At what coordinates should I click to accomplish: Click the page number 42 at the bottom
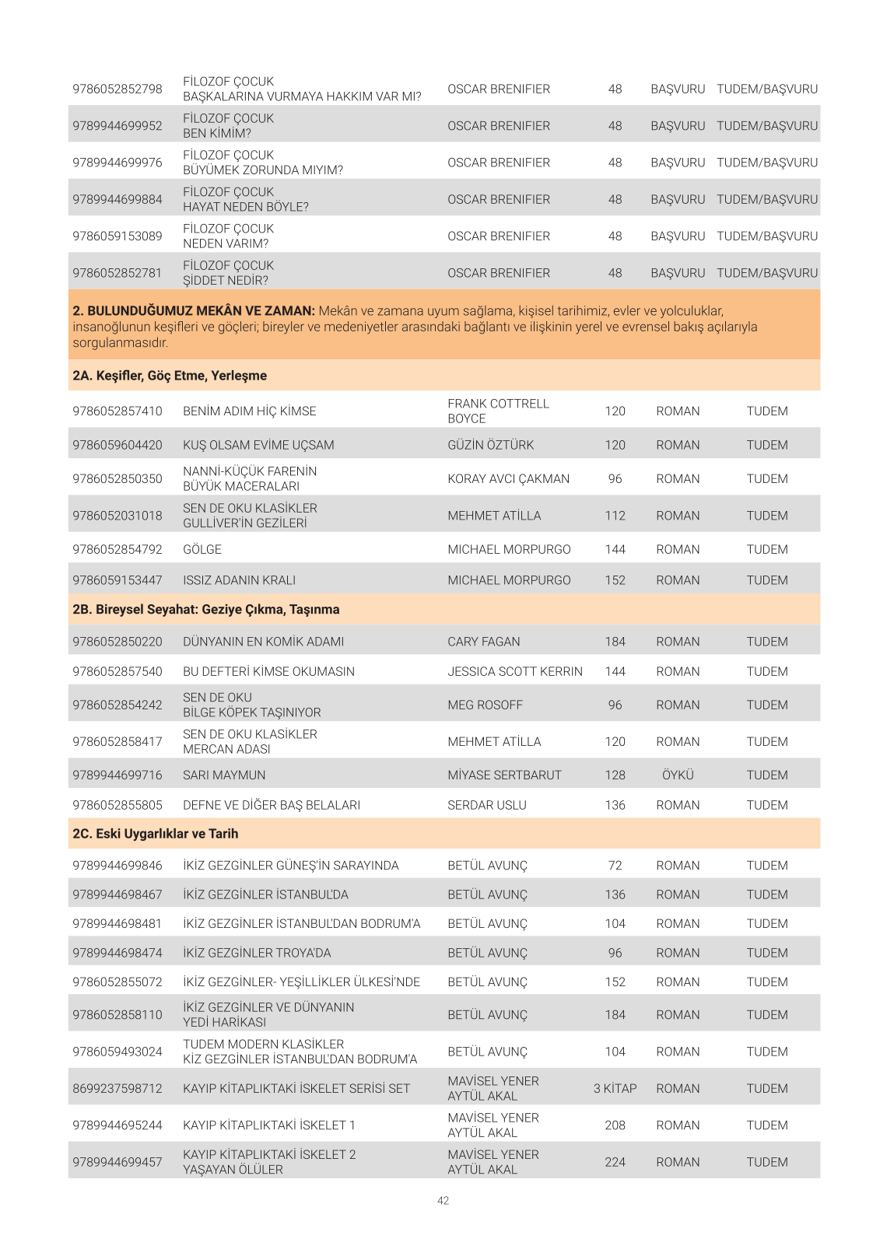pos(443,1200)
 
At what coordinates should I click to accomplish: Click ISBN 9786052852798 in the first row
pos(117,89)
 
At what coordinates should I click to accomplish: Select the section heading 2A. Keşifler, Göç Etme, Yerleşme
pos(170,376)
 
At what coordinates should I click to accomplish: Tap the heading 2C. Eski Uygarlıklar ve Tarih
pos(156,834)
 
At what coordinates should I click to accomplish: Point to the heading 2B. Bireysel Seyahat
pos(206,610)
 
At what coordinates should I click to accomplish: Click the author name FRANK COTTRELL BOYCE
pos(498,411)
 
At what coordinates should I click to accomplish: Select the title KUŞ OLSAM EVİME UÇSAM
pos(258,445)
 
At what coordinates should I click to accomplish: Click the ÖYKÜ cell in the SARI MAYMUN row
pos(678,775)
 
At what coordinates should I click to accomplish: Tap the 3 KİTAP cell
pos(615,1088)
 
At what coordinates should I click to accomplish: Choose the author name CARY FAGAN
pos(484,642)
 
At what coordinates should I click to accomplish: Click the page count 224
pos(615,1162)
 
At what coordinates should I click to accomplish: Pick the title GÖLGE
pos(202,549)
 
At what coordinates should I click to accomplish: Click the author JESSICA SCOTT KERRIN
pos(515,671)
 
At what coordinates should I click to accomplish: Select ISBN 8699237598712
pos(117,1088)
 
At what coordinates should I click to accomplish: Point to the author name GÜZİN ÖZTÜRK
pos(491,445)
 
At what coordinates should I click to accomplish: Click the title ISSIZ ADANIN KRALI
pos(239,580)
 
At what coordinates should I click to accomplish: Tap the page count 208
pos(615,1125)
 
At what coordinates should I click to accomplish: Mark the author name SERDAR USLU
pos(487,805)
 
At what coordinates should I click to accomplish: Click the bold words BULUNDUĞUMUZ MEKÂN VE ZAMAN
pos(201,311)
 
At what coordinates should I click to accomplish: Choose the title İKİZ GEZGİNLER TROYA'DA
pos(257,953)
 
